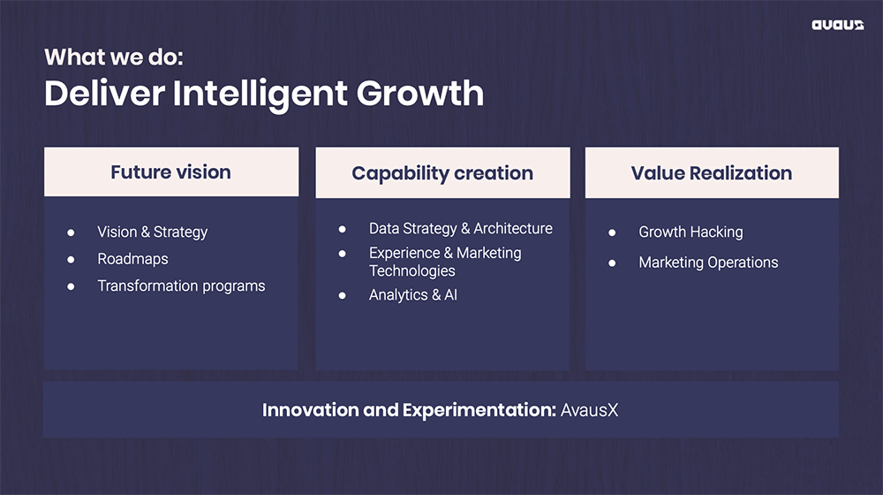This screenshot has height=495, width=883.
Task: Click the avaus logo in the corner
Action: [x=837, y=25]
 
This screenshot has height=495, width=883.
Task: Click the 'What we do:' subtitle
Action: [x=114, y=57]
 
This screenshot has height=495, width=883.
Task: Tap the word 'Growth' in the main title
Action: [x=420, y=94]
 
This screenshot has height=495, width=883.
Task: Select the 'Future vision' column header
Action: [x=170, y=172]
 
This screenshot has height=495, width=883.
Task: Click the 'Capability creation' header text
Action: [x=442, y=173]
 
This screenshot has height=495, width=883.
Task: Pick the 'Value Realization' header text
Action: [x=711, y=173]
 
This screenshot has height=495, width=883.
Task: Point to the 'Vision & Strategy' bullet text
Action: [x=153, y=232]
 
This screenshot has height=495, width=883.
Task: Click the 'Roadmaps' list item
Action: [x=133, y=259]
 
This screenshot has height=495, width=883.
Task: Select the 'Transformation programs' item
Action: [x=181, y=286]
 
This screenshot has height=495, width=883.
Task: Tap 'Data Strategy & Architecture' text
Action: [x=461, y=228]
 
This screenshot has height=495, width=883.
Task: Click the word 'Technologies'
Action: [x=412, y=271]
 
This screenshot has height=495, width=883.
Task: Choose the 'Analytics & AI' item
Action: [x=413, y=295]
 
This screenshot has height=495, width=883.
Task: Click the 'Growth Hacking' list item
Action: [x=691, y=232]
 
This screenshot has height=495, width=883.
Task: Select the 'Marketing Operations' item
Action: [x=708, y=263]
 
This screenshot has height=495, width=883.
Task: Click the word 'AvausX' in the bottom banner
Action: [x=589, y=410]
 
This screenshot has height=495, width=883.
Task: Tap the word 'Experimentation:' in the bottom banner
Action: [x=479, y=410]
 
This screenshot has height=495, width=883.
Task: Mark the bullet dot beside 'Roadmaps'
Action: [x=71, y=259]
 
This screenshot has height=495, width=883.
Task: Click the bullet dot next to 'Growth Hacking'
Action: [x=612, y=232]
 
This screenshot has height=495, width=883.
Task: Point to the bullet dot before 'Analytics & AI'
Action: [x=343, y=295]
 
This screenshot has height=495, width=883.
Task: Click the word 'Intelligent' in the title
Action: [x=260, y=94]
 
